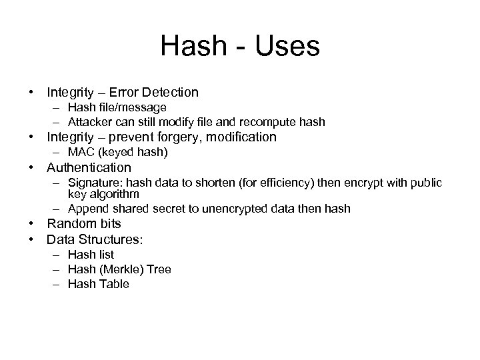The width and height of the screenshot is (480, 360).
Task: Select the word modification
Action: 243,137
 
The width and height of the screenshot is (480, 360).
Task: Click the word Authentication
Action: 89,167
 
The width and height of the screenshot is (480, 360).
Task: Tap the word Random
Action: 69,224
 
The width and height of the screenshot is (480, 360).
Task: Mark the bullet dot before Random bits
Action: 31,224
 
